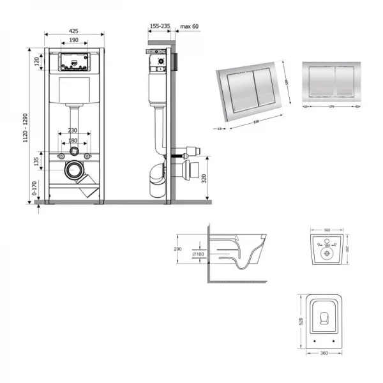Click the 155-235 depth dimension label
coord(159,26)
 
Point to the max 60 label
coord(190,26)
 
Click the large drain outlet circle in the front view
coord(75,170)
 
